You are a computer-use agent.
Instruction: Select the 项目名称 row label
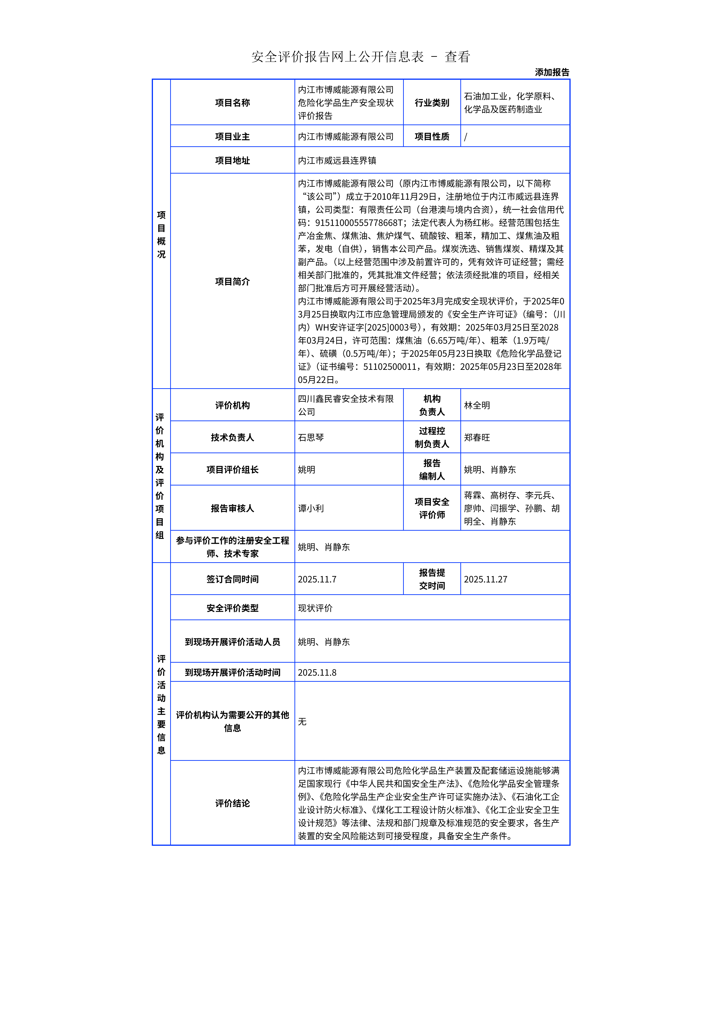[232, 103]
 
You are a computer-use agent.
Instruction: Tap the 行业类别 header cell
[432, 103]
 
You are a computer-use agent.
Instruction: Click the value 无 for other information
[302, 721]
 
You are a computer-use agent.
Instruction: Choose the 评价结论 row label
[232, 803]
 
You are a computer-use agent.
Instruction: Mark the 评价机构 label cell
[232, 405]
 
